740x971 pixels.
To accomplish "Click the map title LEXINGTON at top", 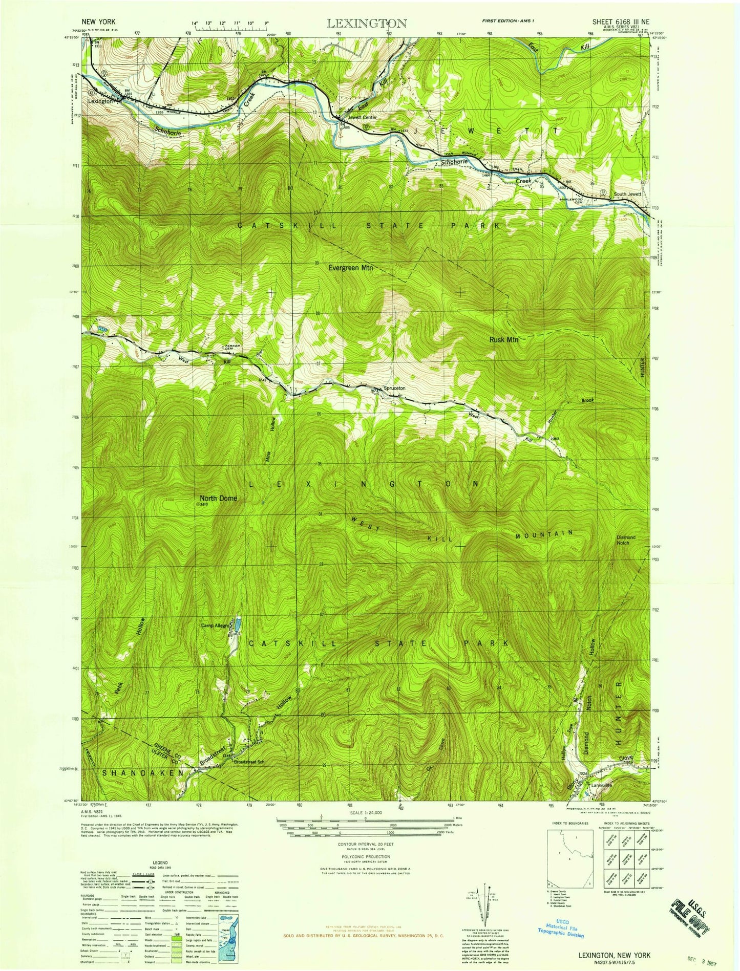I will [x=367, y=23].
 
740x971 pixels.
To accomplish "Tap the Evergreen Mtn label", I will [x=351, y=268].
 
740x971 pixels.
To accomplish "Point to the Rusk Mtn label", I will [x=504, y=339].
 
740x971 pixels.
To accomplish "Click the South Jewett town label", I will [x=627, y=194].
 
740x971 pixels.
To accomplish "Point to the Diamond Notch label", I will [x=626, y=540].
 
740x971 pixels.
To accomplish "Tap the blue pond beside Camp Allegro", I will [x=237, y=625].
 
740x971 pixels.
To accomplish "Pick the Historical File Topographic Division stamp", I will [x=560, y=930].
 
